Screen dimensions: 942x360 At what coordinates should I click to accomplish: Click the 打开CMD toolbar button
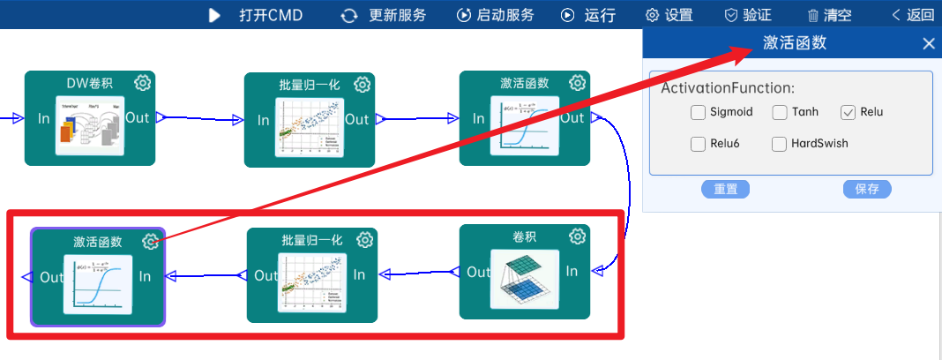pos(256,15)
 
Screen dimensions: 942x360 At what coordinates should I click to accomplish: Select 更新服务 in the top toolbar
pos(384,15)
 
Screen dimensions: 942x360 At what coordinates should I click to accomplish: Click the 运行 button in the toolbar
pos(588,15)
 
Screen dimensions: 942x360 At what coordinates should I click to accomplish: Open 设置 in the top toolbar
pos(669,15)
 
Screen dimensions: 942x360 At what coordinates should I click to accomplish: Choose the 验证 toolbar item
pos(748,15)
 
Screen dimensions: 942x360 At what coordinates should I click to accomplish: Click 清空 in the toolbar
pos(829,15)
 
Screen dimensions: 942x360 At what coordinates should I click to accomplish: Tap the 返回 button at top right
pos(913,15)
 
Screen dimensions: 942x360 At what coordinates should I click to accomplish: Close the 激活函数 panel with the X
pos(928,44)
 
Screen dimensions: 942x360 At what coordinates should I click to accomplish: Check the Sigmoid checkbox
pos(699,112)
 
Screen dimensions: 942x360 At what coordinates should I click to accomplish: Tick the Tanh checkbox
pos(780,112)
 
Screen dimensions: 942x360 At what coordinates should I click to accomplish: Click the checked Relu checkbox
pos(849,112)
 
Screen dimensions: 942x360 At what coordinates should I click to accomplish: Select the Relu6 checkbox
pos(699,144)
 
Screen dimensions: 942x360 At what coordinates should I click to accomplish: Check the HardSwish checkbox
pos(780,144)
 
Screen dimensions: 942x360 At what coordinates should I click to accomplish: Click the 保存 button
pos(867,189)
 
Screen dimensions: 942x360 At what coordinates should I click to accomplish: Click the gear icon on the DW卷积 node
pos(143,83)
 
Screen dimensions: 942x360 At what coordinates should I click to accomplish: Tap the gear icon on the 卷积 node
pos(578,236)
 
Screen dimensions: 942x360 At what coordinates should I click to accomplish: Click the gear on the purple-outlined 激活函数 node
pos(151,242)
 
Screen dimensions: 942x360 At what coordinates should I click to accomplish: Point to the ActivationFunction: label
pos(728,88)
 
